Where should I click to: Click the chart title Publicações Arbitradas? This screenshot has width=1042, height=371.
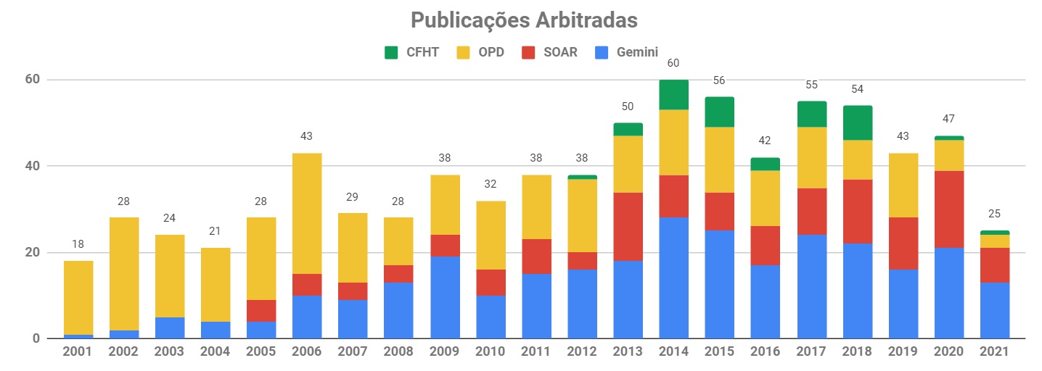tap(524, 20)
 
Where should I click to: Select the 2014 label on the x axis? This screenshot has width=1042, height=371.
tap(673, 351)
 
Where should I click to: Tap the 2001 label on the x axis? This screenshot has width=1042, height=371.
tap(78, 351)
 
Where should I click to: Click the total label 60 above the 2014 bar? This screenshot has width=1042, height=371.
tap(673, 63)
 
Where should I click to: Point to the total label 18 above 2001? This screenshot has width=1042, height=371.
tap(78, 245)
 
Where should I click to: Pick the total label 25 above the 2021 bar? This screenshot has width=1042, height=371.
tap(993, 214)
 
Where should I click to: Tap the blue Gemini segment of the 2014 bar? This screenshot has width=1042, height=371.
tap(673, 278)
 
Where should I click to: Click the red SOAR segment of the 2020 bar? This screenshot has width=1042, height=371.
tap(948, 209)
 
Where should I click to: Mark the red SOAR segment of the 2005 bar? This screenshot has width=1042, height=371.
tap(261, 311)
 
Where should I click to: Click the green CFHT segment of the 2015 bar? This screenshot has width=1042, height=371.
tap(719, 112)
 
